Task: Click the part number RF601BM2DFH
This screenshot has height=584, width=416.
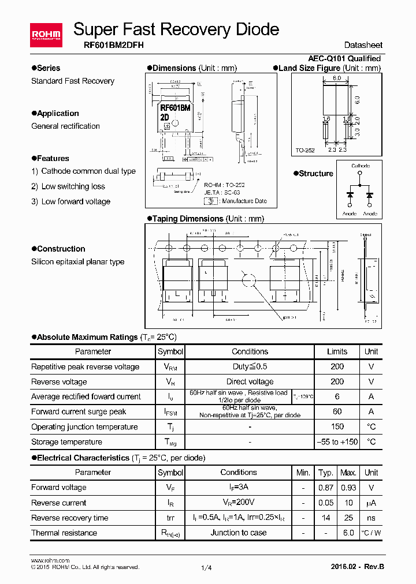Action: click(x=110, y=45)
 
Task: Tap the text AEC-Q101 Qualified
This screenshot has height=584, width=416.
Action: click(x=344, y=58)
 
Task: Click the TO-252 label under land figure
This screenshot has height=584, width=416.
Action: click(x=305, y=151)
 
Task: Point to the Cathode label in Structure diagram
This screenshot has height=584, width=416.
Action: click(x=361, y=166)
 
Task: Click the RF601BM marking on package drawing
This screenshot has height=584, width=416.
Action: click(x=176, y=107)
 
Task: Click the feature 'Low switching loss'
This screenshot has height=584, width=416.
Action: click(x=73, y=186)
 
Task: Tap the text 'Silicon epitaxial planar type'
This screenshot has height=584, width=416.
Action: click(x=77, y=261)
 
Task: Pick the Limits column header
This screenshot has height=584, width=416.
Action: click(x=337, y=351)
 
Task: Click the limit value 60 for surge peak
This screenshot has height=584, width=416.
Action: click(x=337, y=411)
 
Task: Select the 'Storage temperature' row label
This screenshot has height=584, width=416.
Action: click(x=66, y=442)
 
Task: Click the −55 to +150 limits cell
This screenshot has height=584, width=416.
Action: click(x=337, y=442)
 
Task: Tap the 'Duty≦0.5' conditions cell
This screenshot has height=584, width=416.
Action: click(x=250, y=366)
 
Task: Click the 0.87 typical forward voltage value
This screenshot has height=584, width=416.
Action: click(x=326, y=488)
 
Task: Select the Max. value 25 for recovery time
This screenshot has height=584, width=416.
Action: click(x=348, y=518)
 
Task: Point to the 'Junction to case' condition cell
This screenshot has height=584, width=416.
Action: click(x=238, y=533)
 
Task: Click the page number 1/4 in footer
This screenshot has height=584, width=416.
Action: click(x=206, y=568)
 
